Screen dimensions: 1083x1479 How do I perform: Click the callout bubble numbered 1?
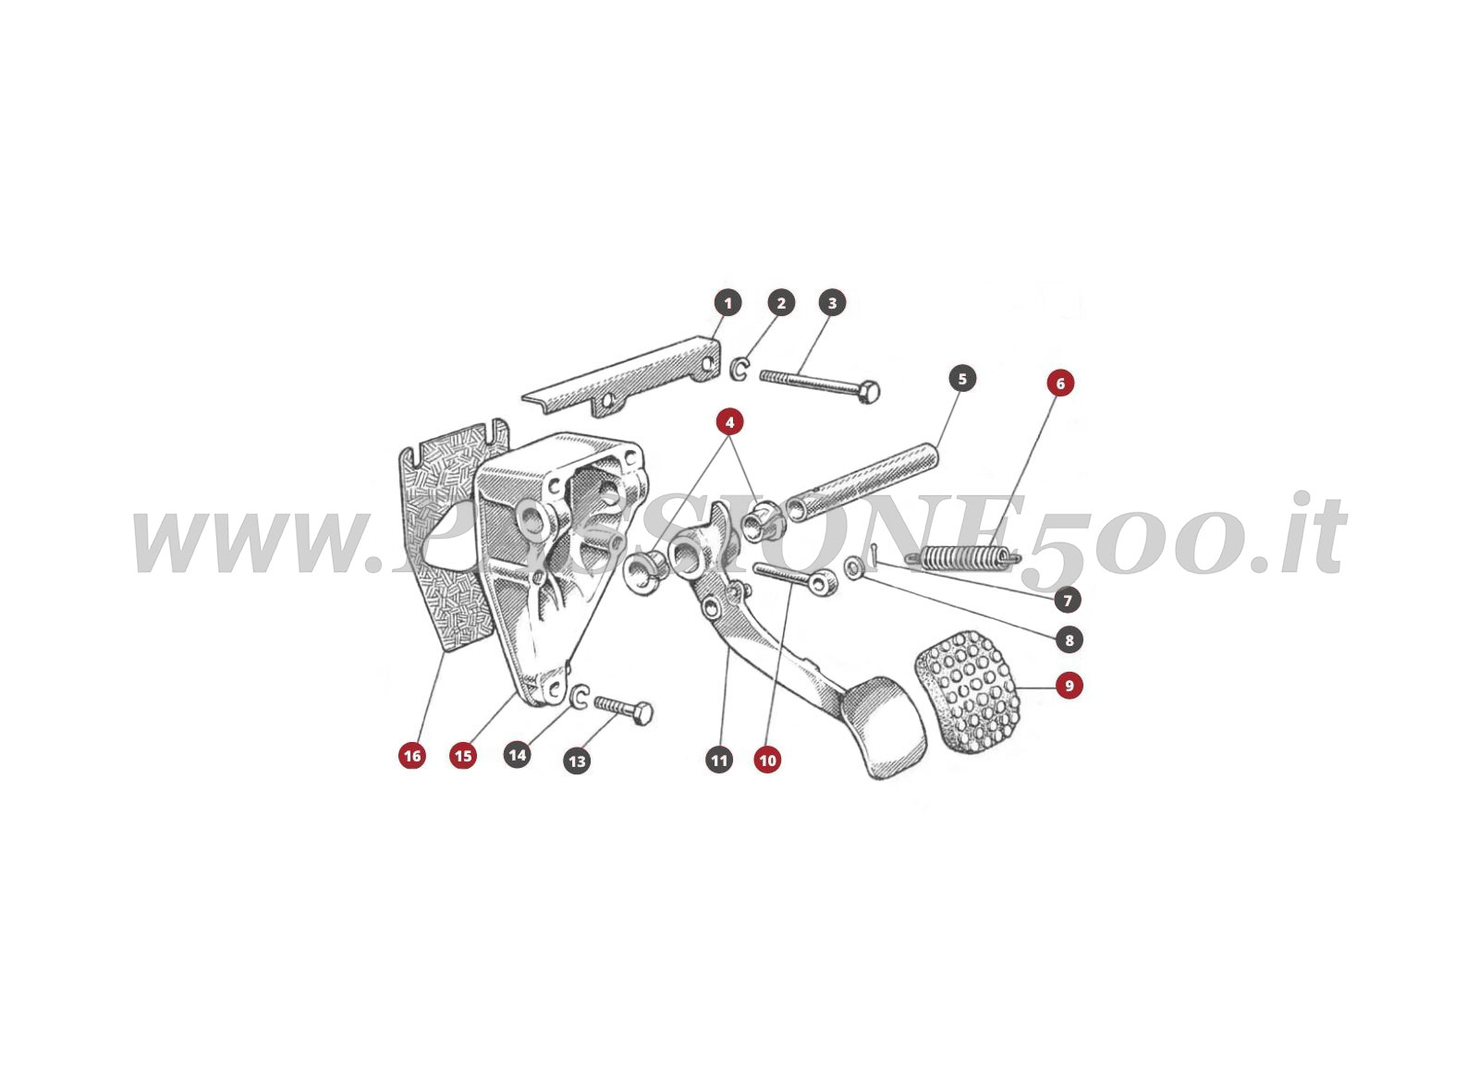[x=727, y=303]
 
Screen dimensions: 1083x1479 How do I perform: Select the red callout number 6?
[x=1060, y=383]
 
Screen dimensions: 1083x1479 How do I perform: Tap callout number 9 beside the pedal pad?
[x=1070, y=686]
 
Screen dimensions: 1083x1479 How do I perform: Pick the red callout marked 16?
[x=412, y=756]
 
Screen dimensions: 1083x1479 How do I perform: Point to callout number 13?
[x=577, y=761]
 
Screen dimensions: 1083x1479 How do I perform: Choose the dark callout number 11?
[x=719, y=761]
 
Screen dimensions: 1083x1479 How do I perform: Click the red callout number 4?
[x=729, y=423]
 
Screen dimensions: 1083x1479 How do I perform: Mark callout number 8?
[x=1070, y=639]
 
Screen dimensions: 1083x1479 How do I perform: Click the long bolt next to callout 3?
[x=818, y=384]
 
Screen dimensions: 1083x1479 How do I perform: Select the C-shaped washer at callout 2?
[x=739, y=370]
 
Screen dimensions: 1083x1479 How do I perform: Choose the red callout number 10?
[x=767, y=761]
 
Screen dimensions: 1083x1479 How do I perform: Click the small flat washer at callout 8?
[x=855, y=566]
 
